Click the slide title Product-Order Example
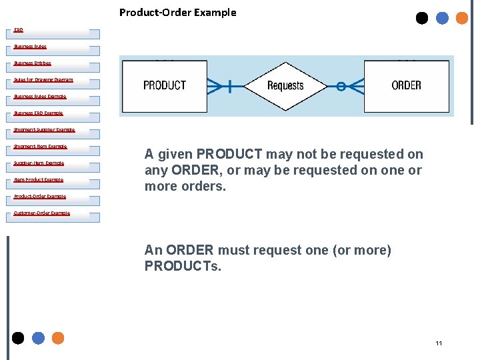pyautogui.click(x=177, y=12)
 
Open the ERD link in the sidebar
pyautogui.click(x=19, y=30)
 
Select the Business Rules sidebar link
pyautogui.click(x=30, y=47)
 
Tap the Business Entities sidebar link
pyautogui.click(x=32, y=63)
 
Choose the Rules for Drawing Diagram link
pyautogui.click(x=43, y=80)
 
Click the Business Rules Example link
pyautogui.click(x=40, y=97)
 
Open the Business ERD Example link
pyautogui.click(x=38, y=113)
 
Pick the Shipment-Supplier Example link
pyautogui.click(x=44, y=130)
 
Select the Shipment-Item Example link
pyautogui.click(x=40, y=147)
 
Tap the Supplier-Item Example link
pyautogui.click(x=39, y=163)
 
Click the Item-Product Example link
pyautogui.click(x=39, y=180)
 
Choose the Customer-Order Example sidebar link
pyautogui.click(x=41, y=213)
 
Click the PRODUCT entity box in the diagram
pyautogui.click(x=165, y=85)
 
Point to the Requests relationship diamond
pyautogui.click(x=285, y=85)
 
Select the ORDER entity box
pyautogui.click(x=406, y=85)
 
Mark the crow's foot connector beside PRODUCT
pyautogui.click(x=217, y=86)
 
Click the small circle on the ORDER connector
pyautogui.click(x=340, y=86)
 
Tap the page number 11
pyautogui.click(x=439, y=343)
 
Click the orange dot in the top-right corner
pyautogui.click(x=461, y=18)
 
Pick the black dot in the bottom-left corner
pyautogui.click(x=18, y=338)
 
